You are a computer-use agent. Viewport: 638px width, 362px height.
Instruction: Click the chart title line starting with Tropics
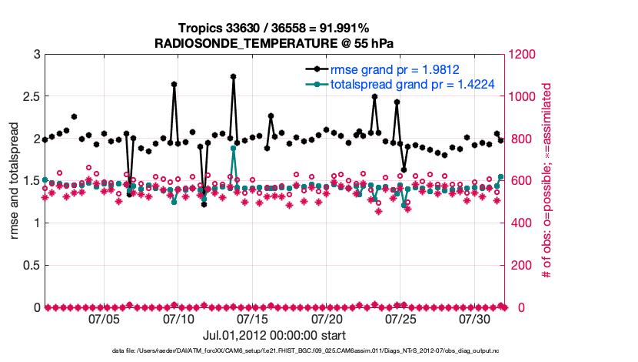tap(274, 28)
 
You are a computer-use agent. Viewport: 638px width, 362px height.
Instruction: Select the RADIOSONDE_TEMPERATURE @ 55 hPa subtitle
tap(274, 42)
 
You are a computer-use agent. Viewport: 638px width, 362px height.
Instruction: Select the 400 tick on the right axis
tap(517, 223)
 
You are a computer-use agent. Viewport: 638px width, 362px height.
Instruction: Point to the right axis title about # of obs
tap(548, 181)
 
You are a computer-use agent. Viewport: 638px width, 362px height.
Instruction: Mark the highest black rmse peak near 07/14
tap(233, 76)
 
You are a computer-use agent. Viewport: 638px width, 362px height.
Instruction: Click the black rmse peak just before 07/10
tap(174, 84)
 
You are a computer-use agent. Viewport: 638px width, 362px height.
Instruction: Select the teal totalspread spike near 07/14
tap(233, 148)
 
